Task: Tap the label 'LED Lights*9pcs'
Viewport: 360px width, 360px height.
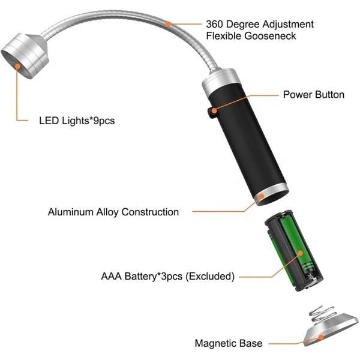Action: (x=73, y=121)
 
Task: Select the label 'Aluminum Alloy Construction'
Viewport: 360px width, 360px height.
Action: (x=113, y=212)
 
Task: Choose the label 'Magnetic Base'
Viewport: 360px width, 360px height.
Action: (x=229, y=344)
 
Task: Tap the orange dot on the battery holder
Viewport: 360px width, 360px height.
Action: (x=298, y=255)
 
